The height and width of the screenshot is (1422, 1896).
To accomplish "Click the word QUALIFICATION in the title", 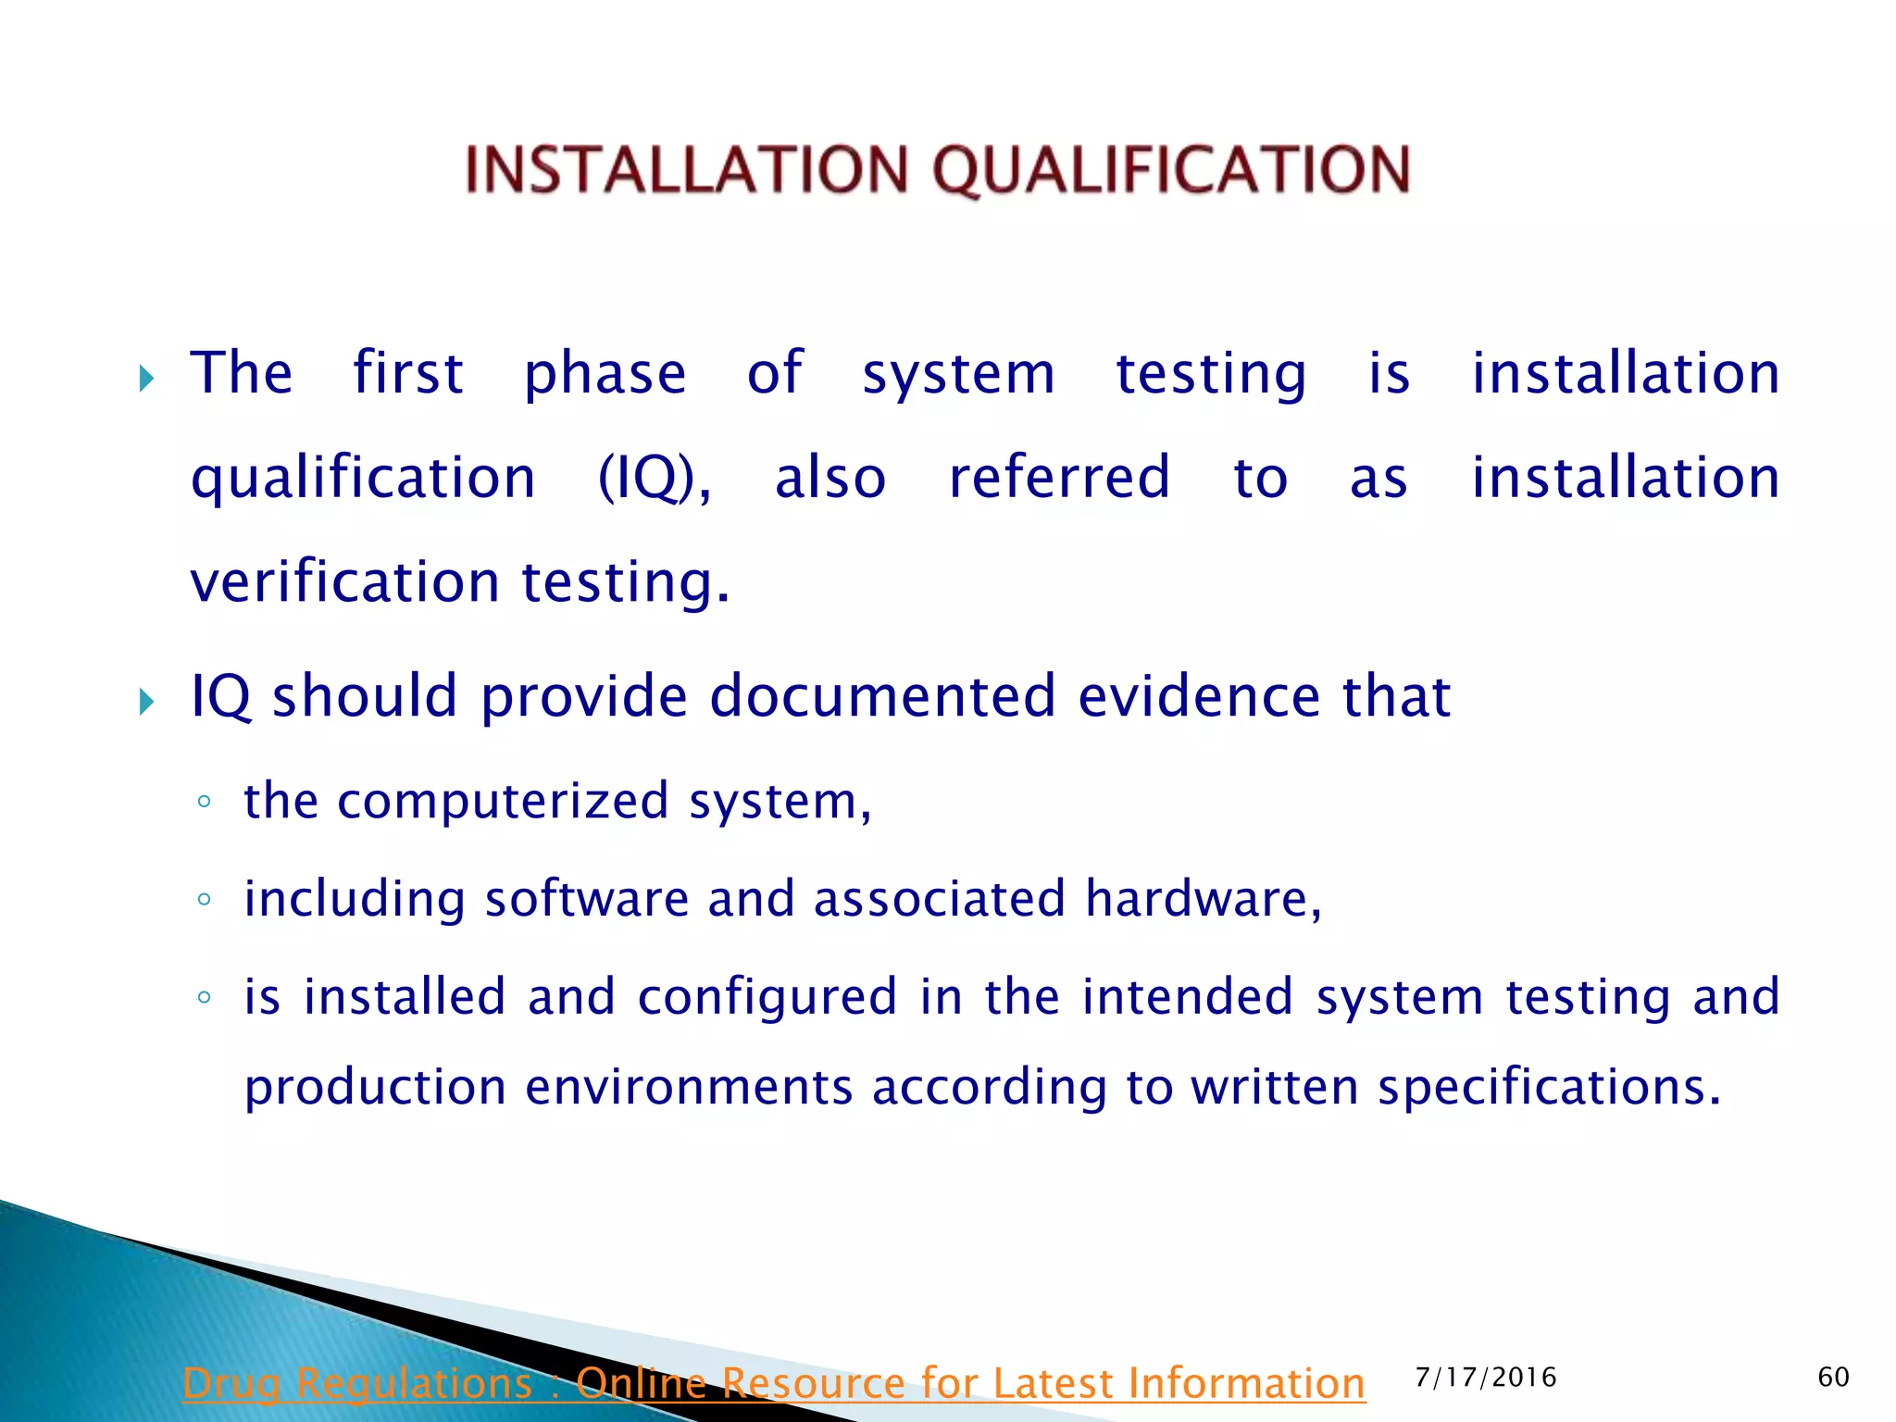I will (x=1171, y=170).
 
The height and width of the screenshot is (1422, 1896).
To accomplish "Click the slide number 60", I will (x=1833, y=1377).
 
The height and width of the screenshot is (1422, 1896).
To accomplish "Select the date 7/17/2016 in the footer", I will (x=1486, y=1378).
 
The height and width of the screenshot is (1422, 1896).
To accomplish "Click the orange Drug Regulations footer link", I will (x=773, y=1383).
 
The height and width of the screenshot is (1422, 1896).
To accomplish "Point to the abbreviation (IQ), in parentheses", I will (x=655, y=479).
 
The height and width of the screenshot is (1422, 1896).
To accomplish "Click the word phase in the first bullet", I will (x=605, y=374).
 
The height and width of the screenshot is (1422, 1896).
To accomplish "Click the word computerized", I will (x=503, y=801).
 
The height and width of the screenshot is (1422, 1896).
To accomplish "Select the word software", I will (x=587, y=899).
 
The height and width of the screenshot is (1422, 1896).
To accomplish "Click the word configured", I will (x=767, y=997).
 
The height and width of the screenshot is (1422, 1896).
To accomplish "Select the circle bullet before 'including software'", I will (x=205, y=899).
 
